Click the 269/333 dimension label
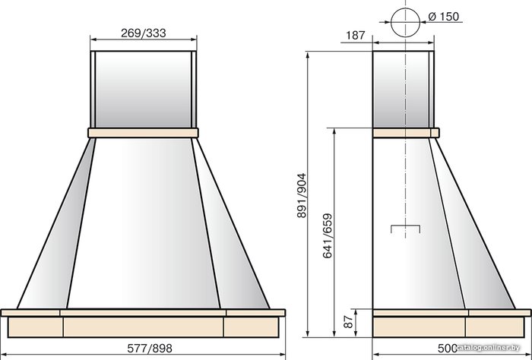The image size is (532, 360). coord(143,33)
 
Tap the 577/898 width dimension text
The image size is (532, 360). coord(150,348)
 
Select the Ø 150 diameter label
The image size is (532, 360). coord(443,16)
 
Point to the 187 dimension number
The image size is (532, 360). coord(355,35)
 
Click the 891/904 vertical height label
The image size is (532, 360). coord(301,195)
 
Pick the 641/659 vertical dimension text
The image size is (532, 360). coord(328,235)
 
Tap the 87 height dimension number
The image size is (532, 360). coord(348,322)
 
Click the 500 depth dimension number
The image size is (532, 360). coord(447,348)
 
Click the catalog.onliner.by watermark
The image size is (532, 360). coord(488,347)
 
